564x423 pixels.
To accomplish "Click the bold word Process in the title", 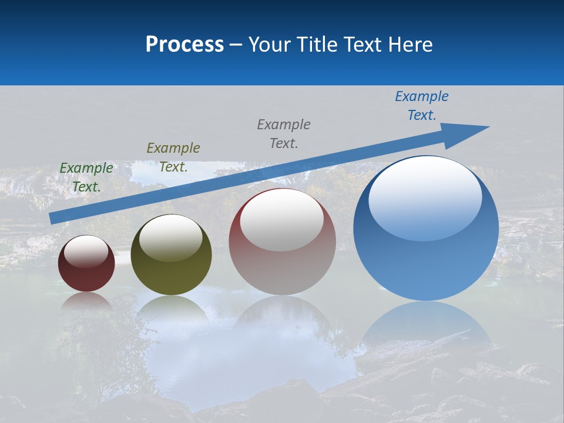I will pyautogui.click(x=184, y=45).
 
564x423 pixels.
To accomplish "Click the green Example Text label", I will pyautogui.click(x=86, y=177).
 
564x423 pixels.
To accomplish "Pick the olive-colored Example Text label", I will pyautogui.click(x=173, y=157).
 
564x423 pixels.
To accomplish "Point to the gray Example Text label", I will pyautogui.click(x=284, y=133).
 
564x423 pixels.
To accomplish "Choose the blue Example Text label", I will pyautogui.click(x=422, y=106).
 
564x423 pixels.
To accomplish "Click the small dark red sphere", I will pyautogui.click(x=86, y=270).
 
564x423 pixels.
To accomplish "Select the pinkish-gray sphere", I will pyautogui.click(x=283, y=258).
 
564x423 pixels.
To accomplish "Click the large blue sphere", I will pyautogui.click(x=426, y=258).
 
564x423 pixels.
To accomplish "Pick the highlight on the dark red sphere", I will pyautogui.click(x=86, y=251).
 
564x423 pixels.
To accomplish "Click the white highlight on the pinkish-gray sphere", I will pyautogui.click(x=282, y=219).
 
